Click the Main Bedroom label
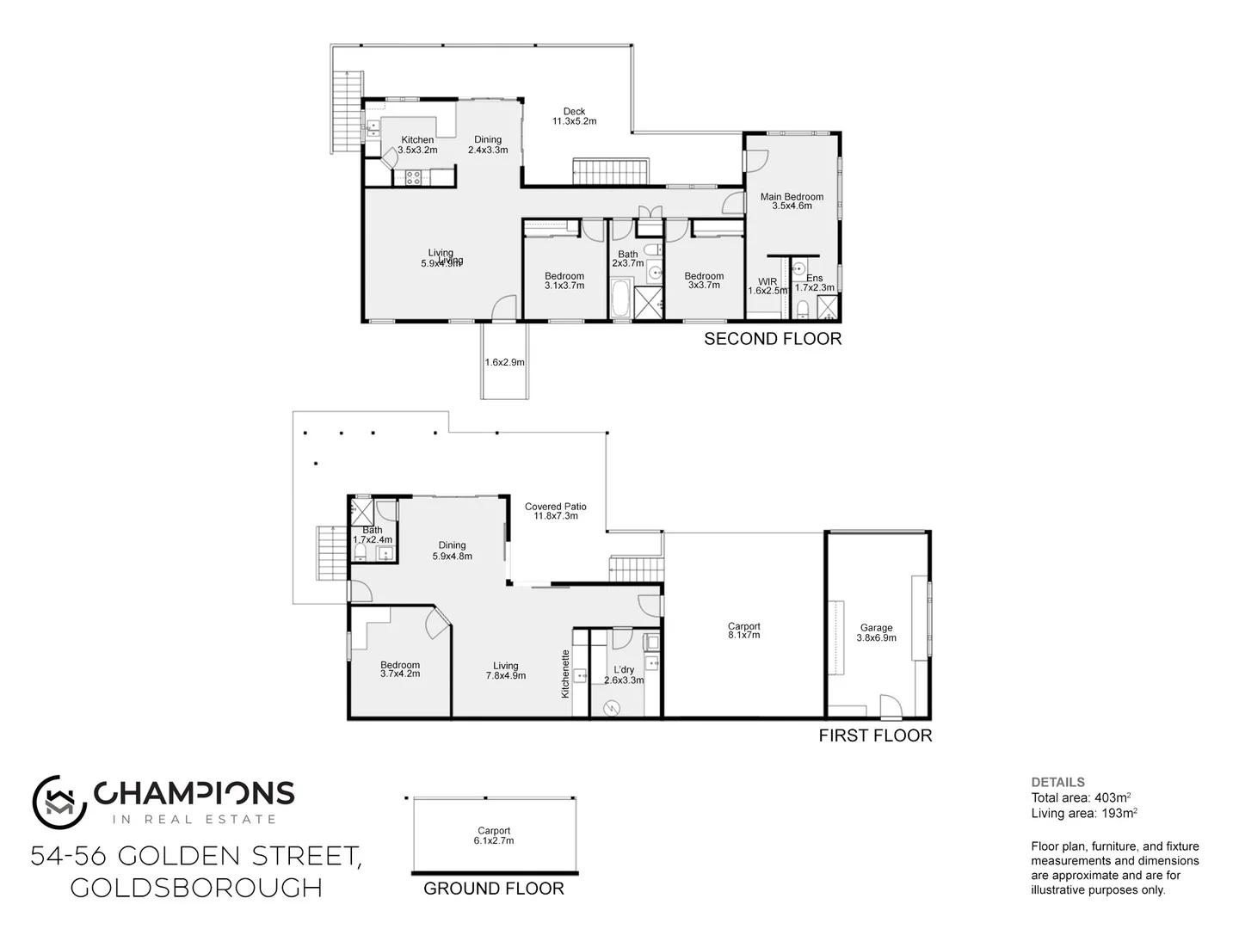[x=792, y=201]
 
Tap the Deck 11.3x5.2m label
[x=574, y=116]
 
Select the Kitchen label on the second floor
[x=418, y=145]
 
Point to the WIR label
[x=767, y=286]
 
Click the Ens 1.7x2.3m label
[x=814, y=283]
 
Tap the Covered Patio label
[x=556, y=511]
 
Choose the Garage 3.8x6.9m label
[x=876, y=633]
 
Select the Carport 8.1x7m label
[x=744, y=631]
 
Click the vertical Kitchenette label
[x=566, y=673]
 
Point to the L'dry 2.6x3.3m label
[x=624, y=674]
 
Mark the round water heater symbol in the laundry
[x=612, y=708]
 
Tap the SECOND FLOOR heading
[x=773, y=339]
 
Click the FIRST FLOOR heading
[x=875, y=735]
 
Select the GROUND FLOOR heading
[x=494, y=889]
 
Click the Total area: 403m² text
[x=1081, y=797]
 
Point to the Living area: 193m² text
[x=1084, y=813]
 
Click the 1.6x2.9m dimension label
[x=505, y=362]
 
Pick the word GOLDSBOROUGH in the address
[x=196, y=888]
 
